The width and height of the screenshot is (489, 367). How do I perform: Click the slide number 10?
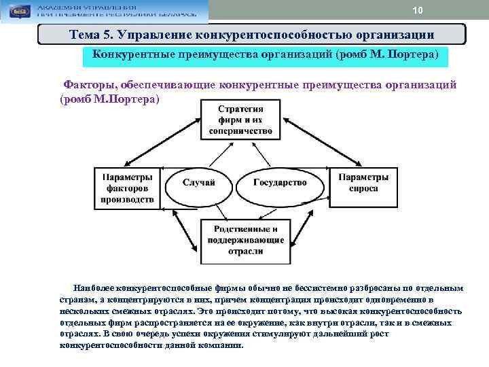click(417, 11)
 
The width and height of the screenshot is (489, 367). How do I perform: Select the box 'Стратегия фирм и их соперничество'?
click(241, 120)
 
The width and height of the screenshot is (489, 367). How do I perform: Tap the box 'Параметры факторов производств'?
click(127, 188)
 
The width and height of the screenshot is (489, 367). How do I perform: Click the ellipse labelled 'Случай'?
click(199, 182)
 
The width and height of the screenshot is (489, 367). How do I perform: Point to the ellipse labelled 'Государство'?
click(280, 182)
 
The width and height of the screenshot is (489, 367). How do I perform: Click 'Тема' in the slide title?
click(86, 34)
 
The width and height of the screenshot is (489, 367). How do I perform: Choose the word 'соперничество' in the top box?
click(241, 130)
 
